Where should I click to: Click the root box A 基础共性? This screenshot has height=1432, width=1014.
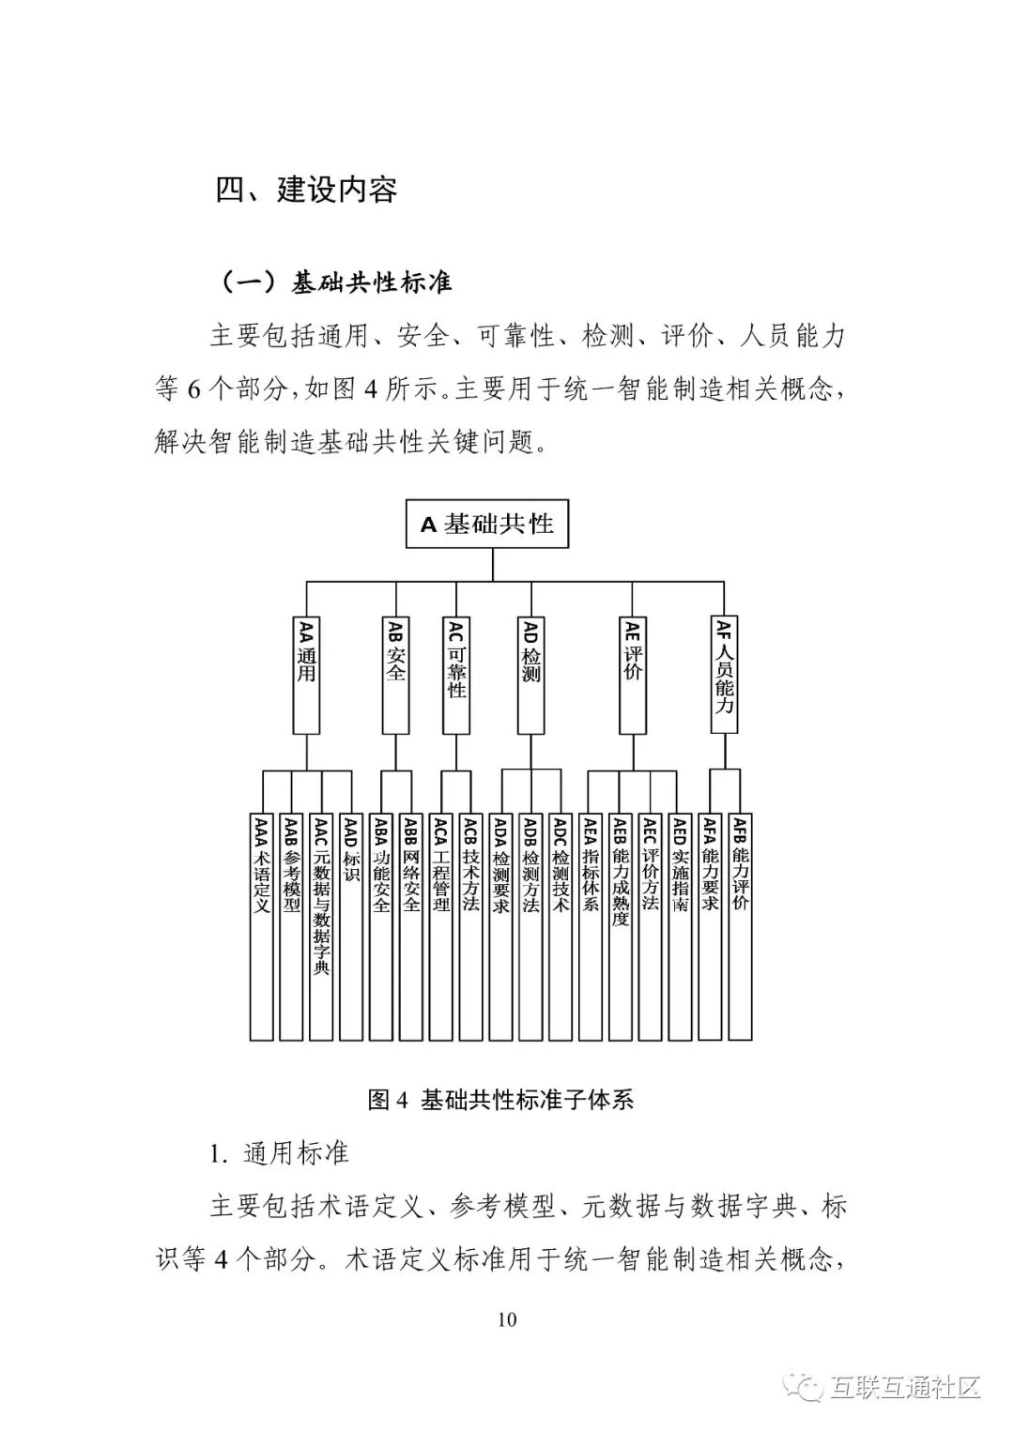[x=487, y=524]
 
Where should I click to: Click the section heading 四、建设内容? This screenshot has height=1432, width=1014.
[x=307, y=190]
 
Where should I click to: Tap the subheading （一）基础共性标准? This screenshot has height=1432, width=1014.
[x=335, y=282]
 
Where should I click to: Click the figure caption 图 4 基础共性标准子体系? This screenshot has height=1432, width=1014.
[x=501, y=1100]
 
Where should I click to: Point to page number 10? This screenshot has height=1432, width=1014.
[x=506, y=1319]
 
